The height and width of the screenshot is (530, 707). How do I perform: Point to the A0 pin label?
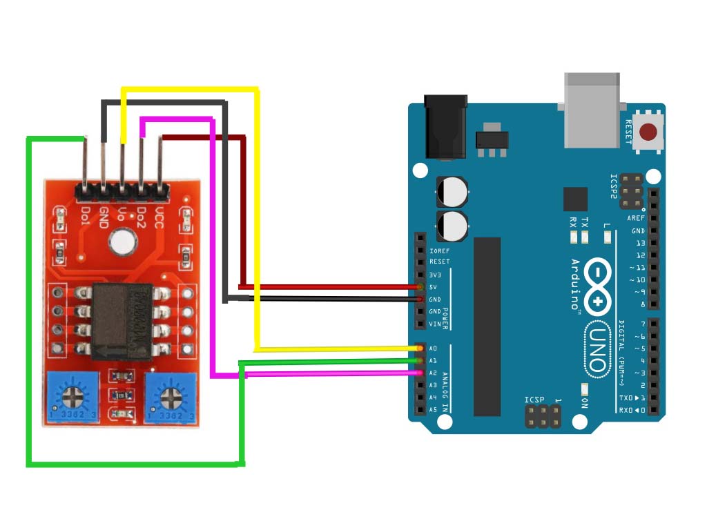(434, 349)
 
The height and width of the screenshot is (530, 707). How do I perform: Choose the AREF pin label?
(636, 218)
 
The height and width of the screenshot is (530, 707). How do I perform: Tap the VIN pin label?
(434, 324)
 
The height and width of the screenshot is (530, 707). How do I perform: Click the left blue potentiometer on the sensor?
(73, 398)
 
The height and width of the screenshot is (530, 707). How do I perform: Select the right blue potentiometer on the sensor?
(170, 398)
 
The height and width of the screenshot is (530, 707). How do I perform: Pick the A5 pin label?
(434, 410)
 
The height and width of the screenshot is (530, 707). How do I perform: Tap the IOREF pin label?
(439, 251)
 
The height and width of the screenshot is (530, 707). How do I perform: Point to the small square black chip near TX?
(575, 199)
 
